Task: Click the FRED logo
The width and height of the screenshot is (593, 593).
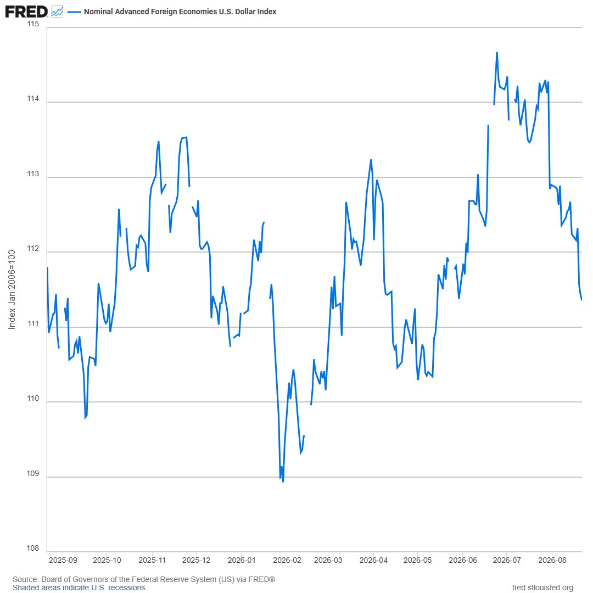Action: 26,12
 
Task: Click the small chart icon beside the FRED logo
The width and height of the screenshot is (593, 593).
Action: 57,12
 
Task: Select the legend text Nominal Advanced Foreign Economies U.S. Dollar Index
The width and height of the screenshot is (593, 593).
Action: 180,12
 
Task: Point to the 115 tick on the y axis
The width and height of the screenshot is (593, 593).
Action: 33,24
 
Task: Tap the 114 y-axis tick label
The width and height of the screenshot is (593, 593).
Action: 33,99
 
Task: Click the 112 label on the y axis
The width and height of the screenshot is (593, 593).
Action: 33,249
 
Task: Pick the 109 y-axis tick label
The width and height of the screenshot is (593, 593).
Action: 33,473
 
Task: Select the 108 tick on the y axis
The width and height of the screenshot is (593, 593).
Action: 33,549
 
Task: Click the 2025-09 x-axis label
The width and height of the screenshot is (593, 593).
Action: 63,560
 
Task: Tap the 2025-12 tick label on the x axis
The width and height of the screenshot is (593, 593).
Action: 196,560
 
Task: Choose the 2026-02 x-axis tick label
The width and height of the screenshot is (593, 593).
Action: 287,560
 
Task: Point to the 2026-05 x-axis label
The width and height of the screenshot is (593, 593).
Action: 417,560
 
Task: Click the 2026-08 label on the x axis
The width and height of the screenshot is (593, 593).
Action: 552,560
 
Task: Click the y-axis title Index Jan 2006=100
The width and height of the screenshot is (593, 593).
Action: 12,290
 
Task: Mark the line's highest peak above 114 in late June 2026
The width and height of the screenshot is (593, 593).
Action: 497,53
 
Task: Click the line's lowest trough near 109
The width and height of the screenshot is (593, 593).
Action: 283,482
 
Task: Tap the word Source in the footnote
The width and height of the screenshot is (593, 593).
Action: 25,579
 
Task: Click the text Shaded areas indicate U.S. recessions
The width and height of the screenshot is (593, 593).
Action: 80,588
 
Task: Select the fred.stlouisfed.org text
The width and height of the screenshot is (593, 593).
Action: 542,588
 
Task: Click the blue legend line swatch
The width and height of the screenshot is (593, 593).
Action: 74,12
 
